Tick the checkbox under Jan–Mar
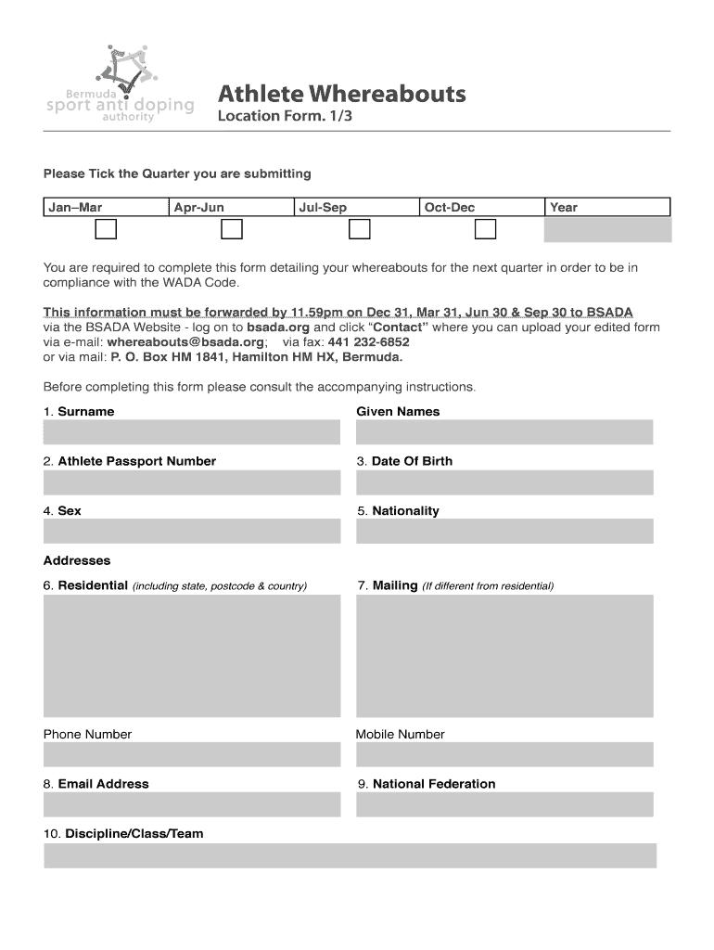[107, 229]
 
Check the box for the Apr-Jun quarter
[232, 229]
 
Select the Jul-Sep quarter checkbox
[359, 229]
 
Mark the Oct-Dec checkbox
[485, 229]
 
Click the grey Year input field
[607, 229]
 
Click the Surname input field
[192, 432]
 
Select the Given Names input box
[504, 432]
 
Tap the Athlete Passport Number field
[192, 482]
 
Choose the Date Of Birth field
[504, 482]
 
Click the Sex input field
[192, 532]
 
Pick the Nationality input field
[504, 532]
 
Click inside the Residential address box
[192, 655]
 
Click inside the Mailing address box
[504, 655]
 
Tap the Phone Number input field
[192, 755]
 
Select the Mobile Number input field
[504, 755]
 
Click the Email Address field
[192, 804]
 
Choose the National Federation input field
[504, 804]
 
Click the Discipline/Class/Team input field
[350, 855]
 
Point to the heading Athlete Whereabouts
[341, 94]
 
